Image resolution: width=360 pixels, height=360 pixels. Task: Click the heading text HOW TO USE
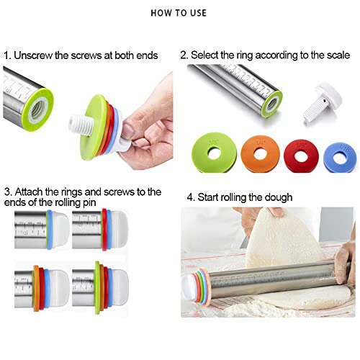pos(179,13)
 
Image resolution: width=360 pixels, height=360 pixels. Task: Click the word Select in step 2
pos(212,54)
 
